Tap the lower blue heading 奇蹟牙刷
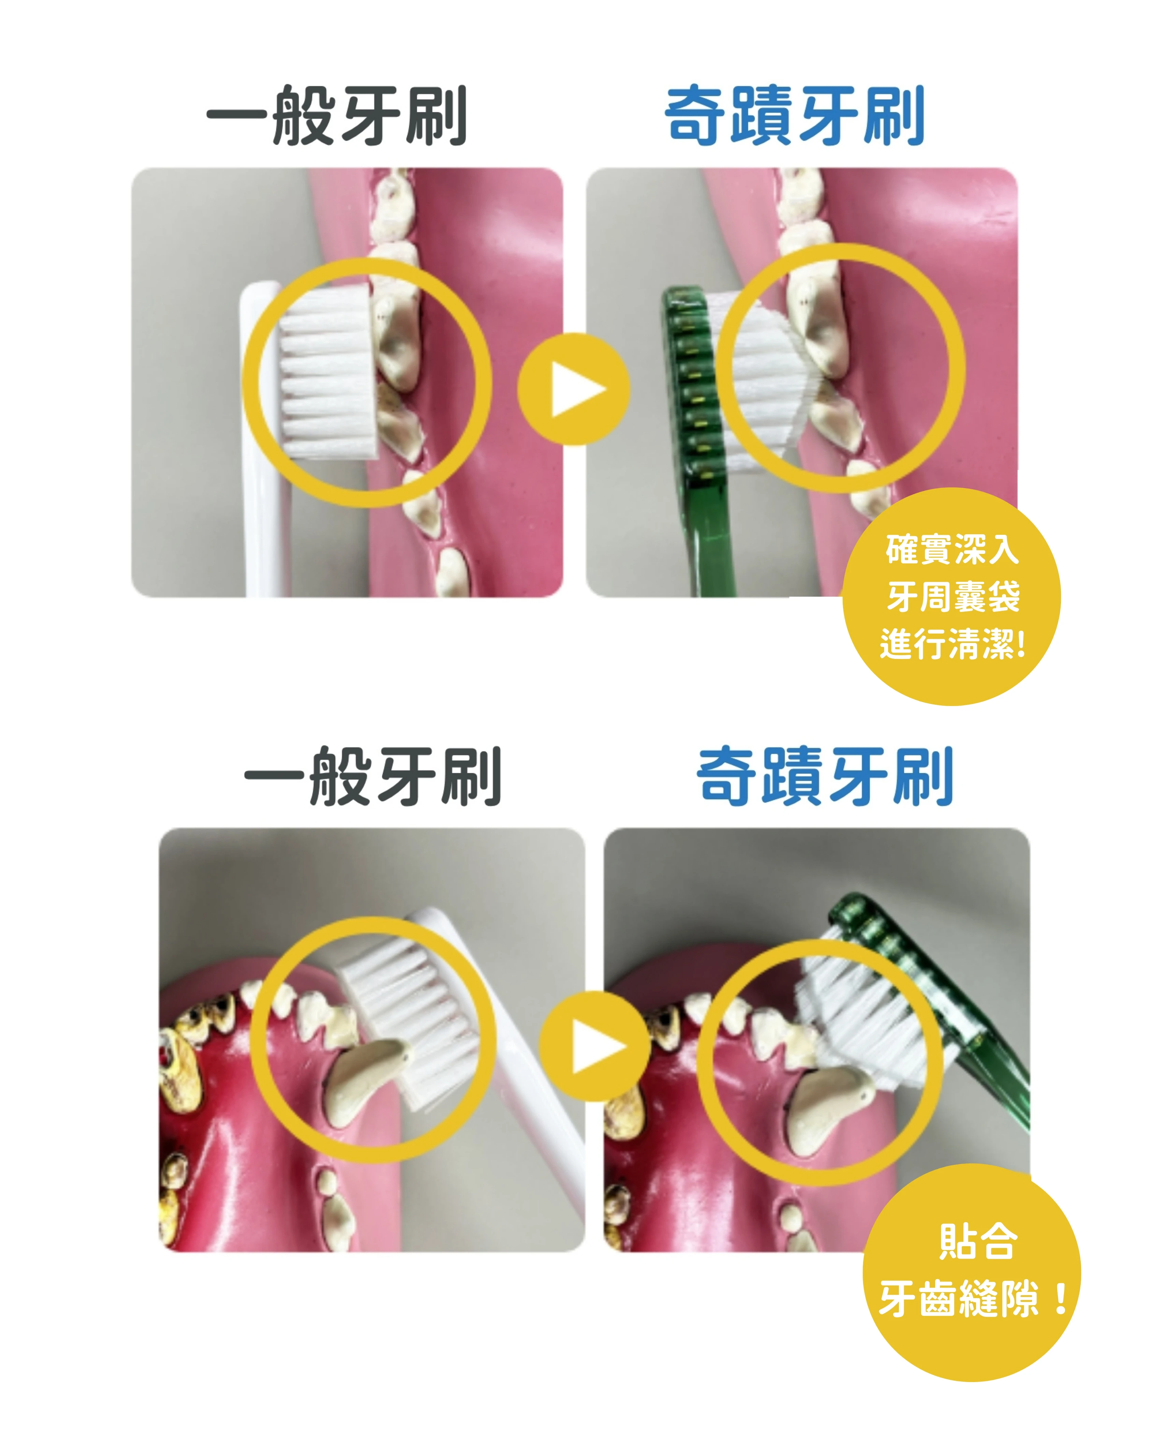tap(825, 776)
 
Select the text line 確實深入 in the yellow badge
tap(952, 549)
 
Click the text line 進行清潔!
tap(952, 644)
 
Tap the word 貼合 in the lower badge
tap(977, 1242)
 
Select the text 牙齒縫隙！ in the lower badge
tap(975, 1299)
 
